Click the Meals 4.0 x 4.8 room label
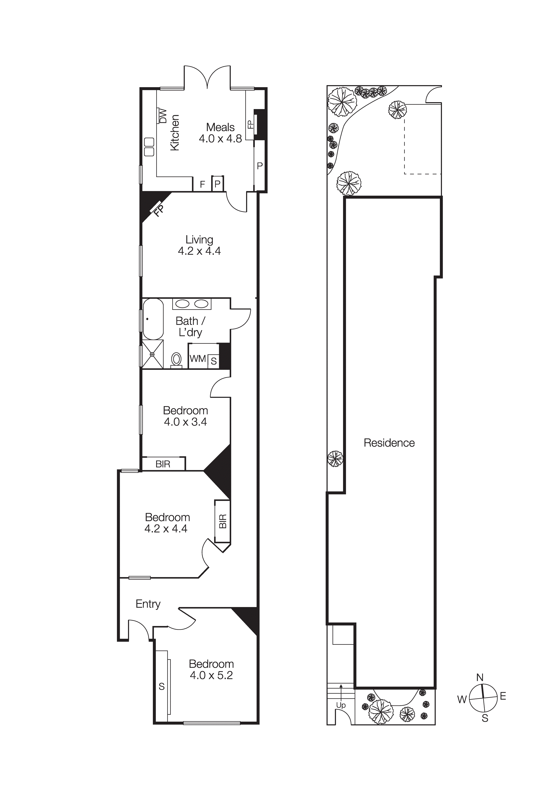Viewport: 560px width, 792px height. (x=220, y=133)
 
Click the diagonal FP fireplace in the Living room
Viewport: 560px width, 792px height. (x=158, y=209)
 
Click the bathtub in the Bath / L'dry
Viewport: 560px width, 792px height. (x=153, y=319)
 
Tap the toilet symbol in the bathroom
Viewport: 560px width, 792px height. (x=176, y=359)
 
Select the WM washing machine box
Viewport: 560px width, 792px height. (x=198, y=359)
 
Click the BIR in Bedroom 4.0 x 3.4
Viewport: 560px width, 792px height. (x=163, y=464)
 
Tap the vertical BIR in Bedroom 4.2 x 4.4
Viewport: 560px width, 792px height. (x=222, y=521)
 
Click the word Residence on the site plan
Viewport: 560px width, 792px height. (x=389, y=443)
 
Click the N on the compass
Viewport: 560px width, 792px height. (x=480, y=678)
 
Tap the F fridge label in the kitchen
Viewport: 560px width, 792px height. (x=203, y=185)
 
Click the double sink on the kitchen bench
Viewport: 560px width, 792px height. (x=149, y=147)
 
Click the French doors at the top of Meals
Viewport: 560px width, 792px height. (x=207, y=78)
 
